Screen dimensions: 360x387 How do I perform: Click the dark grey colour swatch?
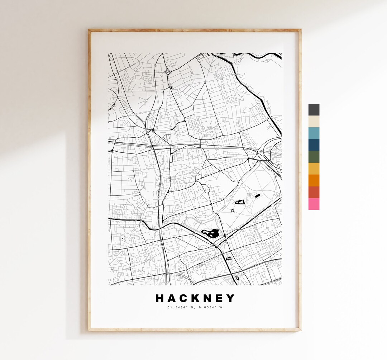(x=314, y=110)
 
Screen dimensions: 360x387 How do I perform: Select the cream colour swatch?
(x=314, y=122)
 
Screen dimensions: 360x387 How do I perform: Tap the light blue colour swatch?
(x=314, y=133)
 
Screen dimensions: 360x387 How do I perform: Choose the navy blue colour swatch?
(x=314, y=145)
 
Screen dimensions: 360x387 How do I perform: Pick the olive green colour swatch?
(x=314, y=157)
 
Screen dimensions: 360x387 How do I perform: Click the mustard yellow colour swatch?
(x=314, y=169)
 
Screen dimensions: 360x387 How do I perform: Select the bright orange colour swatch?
(x=314, y=180)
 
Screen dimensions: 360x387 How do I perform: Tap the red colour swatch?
(x=314, y=192)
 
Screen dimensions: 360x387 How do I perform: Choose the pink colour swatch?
(x=314, y=204)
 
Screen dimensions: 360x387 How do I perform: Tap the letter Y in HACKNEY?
(x=231, y=298)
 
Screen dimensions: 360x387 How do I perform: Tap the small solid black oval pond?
(x=257, y=196)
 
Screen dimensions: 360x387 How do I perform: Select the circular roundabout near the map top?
(x=167, y=72)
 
